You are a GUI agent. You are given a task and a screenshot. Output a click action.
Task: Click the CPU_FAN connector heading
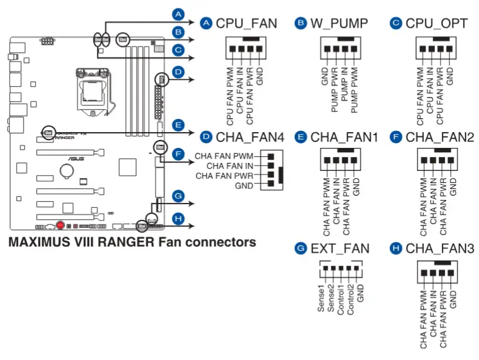click(246, 24)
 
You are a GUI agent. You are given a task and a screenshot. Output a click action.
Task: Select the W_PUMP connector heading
click(339, 24)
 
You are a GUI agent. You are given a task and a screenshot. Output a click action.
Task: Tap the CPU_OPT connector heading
click(436, 24)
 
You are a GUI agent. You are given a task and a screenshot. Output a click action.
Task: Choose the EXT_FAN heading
click(340, 248)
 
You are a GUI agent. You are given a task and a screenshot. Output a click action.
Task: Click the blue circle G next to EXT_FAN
click(301, 248)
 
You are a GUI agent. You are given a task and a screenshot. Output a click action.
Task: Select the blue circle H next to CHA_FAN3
click(396, 248)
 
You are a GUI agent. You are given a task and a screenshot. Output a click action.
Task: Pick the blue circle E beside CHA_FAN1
click(301, 138)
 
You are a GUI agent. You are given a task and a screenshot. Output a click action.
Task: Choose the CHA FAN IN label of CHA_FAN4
click(230, 165)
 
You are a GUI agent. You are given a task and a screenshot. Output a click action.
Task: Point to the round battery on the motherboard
click(66, 172)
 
